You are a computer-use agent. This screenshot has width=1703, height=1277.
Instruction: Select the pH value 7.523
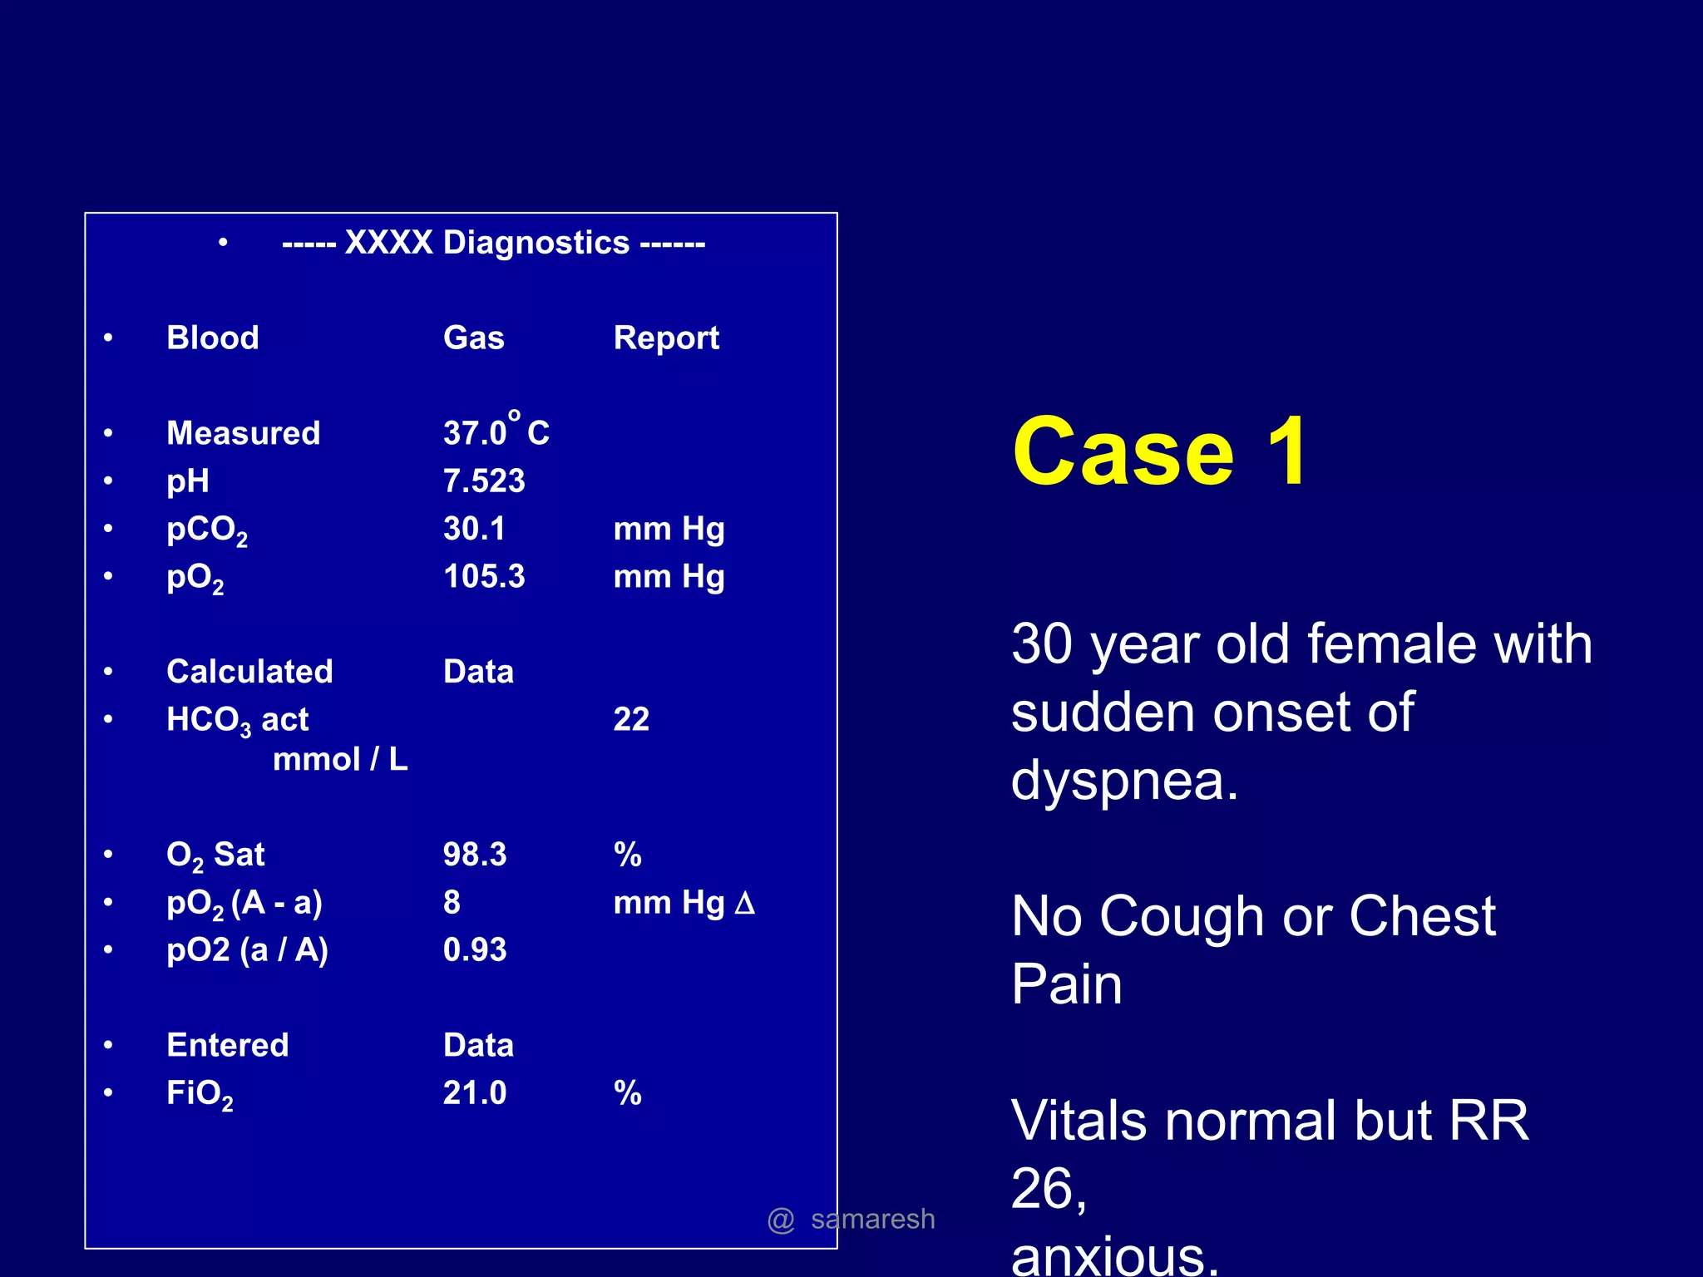[x=484, y=481]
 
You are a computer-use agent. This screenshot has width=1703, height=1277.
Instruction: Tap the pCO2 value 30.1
[x=474, y=530]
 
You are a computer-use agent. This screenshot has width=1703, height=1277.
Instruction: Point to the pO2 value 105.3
[x=484, y=577]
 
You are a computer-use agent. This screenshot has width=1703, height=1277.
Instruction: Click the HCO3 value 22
[x=631, y=719]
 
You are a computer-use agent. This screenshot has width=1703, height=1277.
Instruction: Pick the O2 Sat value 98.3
[x=475, y=855]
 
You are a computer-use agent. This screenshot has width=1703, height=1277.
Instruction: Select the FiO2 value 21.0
[x=475, y=1093]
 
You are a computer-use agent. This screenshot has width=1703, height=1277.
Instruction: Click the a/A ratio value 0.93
[x=475, y=950]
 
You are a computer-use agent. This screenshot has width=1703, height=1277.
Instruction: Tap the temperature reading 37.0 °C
[x=496, y=431]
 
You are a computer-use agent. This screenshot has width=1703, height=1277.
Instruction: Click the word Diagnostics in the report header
[x=536, y=243]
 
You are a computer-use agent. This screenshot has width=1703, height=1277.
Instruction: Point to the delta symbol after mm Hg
[x=745, y=903]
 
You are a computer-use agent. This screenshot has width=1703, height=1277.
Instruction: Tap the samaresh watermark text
[x=872, y=1220]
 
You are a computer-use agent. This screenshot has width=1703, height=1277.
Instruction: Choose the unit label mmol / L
[x=340, y=759]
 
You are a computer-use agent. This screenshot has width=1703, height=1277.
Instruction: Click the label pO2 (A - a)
[x=244, y=903]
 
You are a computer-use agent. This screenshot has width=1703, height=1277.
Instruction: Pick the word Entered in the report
[x=228, y=1045]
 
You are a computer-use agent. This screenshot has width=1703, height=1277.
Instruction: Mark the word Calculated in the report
[x=249, y=672]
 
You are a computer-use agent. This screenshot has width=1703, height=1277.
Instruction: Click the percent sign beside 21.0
[x=628, y=1093]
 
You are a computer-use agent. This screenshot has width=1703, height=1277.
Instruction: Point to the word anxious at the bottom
[x=1114, y=1257]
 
